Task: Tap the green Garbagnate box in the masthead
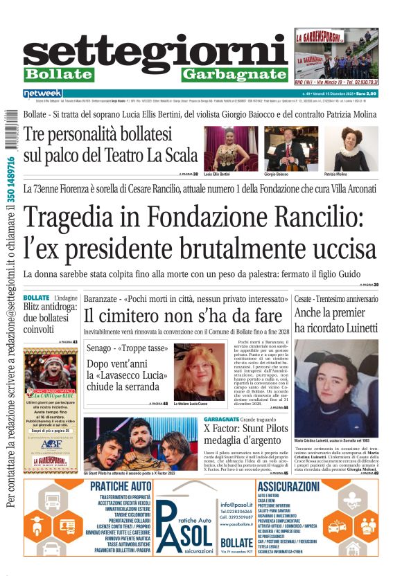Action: coord(234,74)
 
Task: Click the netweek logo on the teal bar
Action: coord(43,93)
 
